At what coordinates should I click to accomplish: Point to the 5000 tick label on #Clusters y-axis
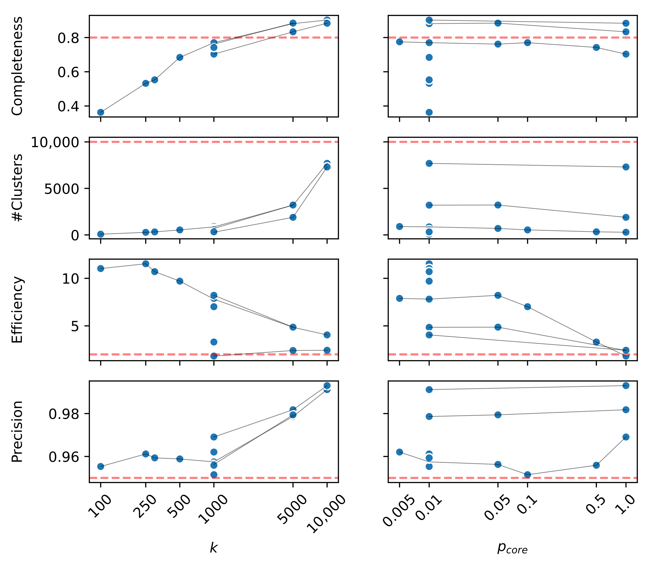pos(61,189)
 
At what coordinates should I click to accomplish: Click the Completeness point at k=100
pos(101,112)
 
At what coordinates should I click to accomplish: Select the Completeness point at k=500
pos(179,57)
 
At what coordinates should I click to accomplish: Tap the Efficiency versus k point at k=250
pos(145,264)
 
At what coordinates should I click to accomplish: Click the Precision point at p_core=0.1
pos(527,475)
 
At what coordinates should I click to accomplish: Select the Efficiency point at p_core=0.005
pos(399,298)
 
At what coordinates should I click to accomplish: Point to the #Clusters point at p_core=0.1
pos(527,230)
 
